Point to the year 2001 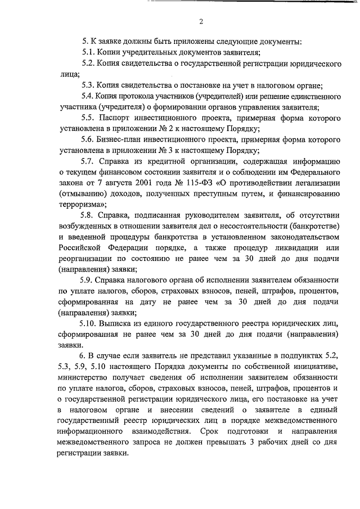[149, 184]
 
